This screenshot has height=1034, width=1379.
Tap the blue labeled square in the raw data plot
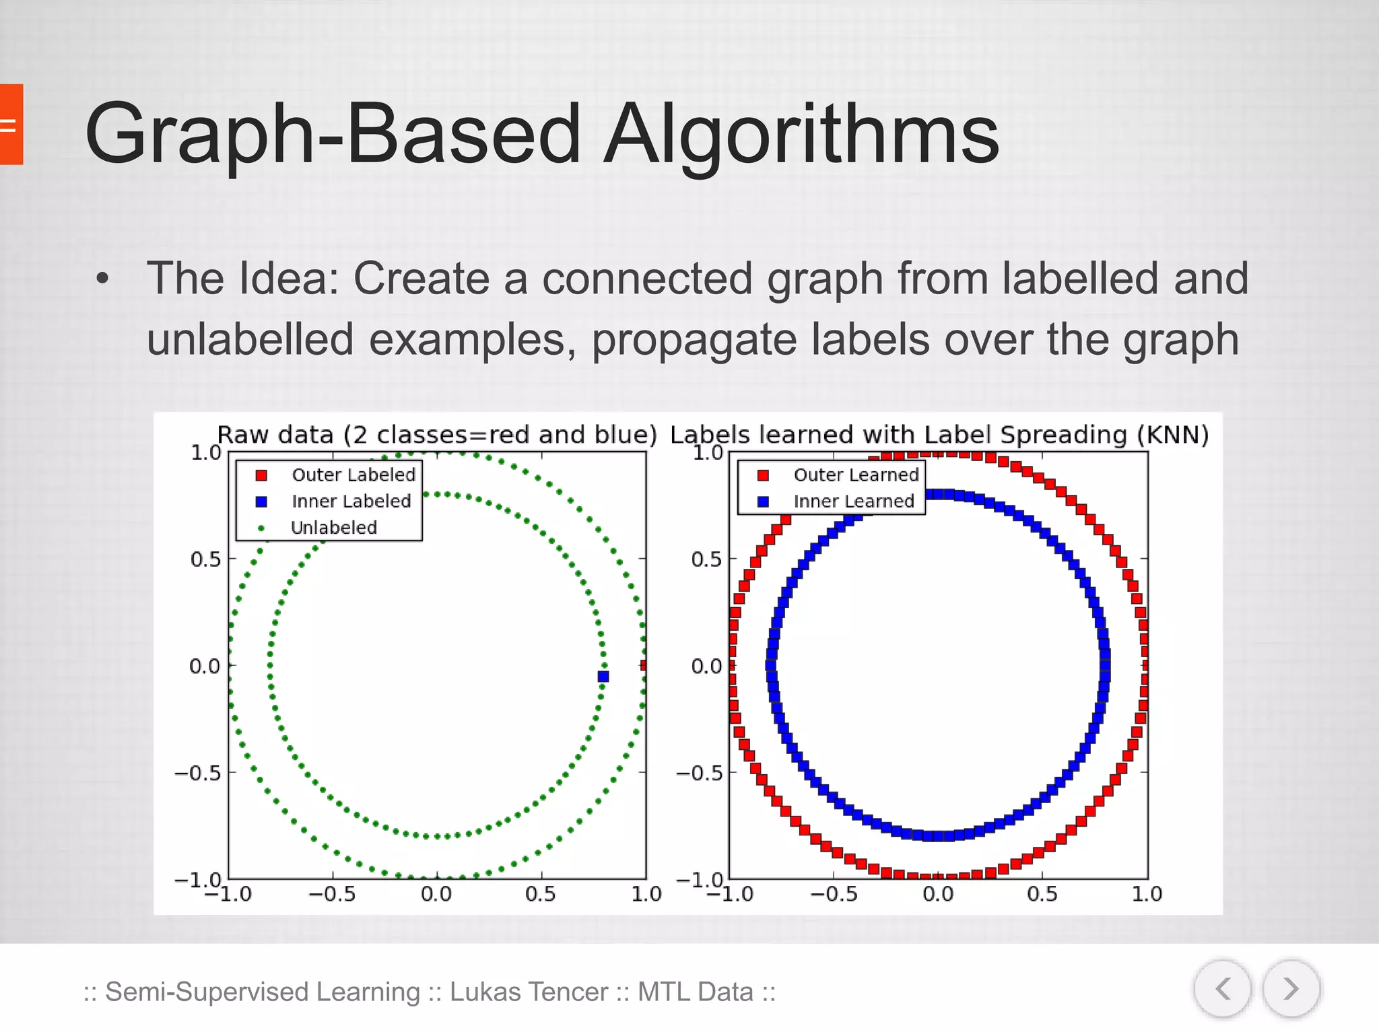[603, 676]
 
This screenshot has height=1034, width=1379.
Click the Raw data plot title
[436, 435]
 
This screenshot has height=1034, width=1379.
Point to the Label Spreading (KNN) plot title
[939, 435]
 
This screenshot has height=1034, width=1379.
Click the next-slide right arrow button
[1290, 989]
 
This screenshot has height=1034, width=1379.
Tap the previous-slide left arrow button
[1223, 989]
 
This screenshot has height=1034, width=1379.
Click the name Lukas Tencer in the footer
[529, 992]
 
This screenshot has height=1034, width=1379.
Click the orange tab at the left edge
[11, 125]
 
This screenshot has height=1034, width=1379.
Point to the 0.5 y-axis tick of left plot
[205, 559]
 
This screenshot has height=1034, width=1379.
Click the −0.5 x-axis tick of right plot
[834, 894]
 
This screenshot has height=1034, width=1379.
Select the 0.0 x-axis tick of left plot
[436, 894]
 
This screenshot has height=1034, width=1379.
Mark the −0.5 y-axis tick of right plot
[698, 773]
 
